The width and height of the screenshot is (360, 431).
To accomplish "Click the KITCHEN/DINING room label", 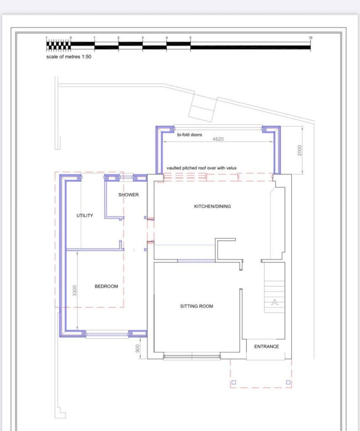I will [212, 206].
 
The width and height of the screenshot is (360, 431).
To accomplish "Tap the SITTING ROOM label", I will [196, 306].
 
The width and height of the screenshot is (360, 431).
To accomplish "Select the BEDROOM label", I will [106, 286].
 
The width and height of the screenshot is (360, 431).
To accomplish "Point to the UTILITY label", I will [85, 215].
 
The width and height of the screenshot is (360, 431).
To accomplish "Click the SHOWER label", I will [128, 195].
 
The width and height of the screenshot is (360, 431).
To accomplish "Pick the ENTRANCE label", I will [267, 346].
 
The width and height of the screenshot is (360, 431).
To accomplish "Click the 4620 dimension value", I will [217, 139].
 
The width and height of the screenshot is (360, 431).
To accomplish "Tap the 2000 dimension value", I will [299, 151].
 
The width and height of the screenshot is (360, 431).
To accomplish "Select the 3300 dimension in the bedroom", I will [75, 290].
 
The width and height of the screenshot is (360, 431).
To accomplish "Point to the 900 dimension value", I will [138, 348].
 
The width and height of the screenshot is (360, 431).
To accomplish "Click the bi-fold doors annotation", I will [189, 135].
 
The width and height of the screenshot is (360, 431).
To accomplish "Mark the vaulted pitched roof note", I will [201, 168].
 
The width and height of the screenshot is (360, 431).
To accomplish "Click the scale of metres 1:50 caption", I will [69, 57].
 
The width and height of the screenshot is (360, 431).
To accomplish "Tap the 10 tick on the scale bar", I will [310, 38].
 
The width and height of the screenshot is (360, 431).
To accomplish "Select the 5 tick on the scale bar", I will [191, 38].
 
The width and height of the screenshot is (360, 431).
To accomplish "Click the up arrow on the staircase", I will [275, 301].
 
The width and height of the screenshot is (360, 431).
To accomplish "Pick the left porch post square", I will [234, 383].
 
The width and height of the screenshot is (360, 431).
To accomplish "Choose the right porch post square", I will [288, 383].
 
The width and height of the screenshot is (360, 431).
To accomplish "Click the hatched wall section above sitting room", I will [196, 261].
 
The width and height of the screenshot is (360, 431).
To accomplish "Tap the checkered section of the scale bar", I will [58, 43].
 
